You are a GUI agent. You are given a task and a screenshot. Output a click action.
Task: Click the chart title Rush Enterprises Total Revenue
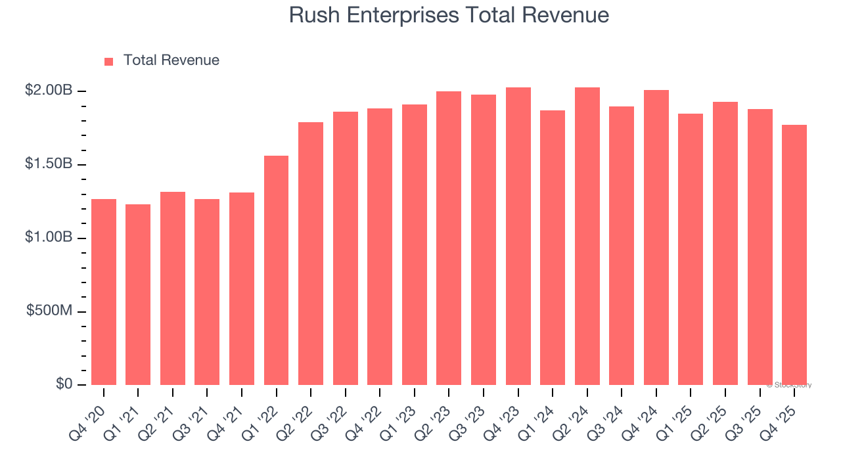click(449, 15)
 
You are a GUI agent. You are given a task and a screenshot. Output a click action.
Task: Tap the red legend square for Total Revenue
click(109, 61)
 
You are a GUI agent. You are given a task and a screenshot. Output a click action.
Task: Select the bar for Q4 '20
click(104, 292)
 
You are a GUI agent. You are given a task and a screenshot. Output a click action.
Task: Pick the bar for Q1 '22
click(276, 270)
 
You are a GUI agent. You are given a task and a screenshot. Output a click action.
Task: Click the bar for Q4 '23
click(518, 236)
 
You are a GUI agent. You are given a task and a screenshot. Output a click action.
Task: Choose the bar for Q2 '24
click(587, 236)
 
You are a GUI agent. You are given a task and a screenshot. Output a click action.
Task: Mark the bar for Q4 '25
click(794, 255)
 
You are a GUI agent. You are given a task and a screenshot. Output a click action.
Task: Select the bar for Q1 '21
click(138, 294)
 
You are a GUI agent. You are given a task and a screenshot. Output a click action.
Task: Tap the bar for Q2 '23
click(449, 238)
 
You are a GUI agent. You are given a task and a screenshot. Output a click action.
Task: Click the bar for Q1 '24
click(553, 248)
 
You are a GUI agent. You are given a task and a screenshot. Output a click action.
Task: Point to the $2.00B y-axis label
click(49, 91)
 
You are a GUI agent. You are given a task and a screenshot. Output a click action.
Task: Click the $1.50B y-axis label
click(49, 164)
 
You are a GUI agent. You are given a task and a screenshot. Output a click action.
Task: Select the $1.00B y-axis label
click(49, 238)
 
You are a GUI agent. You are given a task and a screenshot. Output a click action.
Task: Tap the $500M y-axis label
click(49, 311)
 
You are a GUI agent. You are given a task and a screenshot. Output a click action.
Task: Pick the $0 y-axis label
click(63, 384)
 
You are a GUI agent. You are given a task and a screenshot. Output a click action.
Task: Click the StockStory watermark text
click(789, 385)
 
